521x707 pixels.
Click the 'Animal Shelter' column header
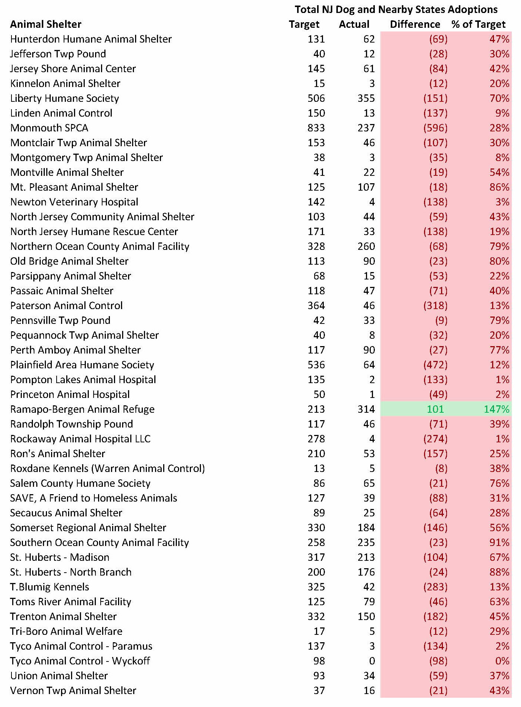[x=46, y=24]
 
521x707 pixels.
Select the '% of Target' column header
[x=478, y=24]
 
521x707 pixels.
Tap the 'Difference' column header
[x=415, y=24]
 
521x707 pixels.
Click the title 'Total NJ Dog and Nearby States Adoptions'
[x=396, y=9]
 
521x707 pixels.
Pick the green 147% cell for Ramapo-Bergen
[x=496, y=409]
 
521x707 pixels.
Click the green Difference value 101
[x=435, y=409]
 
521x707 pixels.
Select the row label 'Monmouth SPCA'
[x=49, y=128]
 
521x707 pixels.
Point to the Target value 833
[x=316, y=128]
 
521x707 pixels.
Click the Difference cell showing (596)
[x=435, y=128]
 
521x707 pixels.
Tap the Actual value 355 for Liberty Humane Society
[x=366, y=98]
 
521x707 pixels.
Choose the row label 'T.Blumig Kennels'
[x=50, y=587]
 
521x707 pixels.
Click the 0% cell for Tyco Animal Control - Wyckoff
[x=502, y=661]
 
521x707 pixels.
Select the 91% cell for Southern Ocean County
[x=499, y=543]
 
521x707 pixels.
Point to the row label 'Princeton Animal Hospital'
[x=70, y=395]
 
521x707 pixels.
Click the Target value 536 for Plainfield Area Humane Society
[x=316, y=365]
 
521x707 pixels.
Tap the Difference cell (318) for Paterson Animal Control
[x=435, y=306]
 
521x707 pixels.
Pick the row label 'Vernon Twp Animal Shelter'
[x=73, y=691]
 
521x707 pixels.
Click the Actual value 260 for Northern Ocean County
[x=366, y=247]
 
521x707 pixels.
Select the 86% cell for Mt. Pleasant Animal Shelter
[x=499, y=187]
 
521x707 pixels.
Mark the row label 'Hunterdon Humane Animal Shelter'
[x=91, y=39]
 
